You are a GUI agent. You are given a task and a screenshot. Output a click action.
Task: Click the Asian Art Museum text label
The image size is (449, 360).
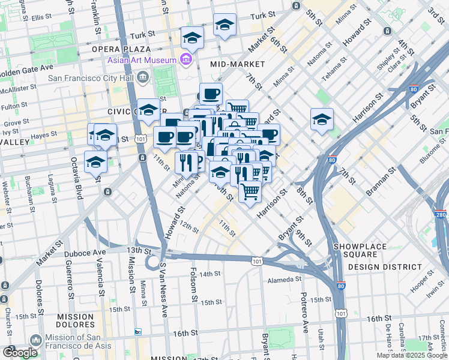pos(142,60)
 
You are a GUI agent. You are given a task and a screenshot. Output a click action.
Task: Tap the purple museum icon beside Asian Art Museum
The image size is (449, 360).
pos(186,59)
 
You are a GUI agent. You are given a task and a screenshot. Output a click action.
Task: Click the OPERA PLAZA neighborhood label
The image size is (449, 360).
pos(121,49)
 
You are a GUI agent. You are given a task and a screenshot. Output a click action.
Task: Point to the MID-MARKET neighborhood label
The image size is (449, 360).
pos(238,64)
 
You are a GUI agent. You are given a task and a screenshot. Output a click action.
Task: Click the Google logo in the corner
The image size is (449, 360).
pos(20,352)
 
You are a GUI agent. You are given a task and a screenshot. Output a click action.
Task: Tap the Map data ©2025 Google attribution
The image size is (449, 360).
pos(412,355)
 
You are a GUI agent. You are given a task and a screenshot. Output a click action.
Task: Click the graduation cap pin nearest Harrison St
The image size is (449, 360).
pos(322,119)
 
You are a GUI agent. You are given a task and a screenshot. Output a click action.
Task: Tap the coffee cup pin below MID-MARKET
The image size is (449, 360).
pos(211,94)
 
